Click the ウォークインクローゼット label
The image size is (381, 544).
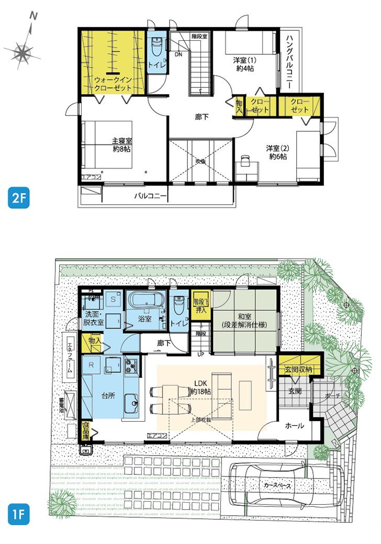point(113,84)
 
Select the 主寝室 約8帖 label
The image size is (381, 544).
point(122,145)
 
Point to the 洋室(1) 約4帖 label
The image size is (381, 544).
point(244,64)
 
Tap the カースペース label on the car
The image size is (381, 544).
point(277,485)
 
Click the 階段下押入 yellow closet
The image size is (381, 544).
point(201,305)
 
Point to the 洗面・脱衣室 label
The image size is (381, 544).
point(100,318)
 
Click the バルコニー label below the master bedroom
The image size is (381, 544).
point(151,197)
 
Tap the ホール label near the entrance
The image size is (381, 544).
point(294,426)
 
